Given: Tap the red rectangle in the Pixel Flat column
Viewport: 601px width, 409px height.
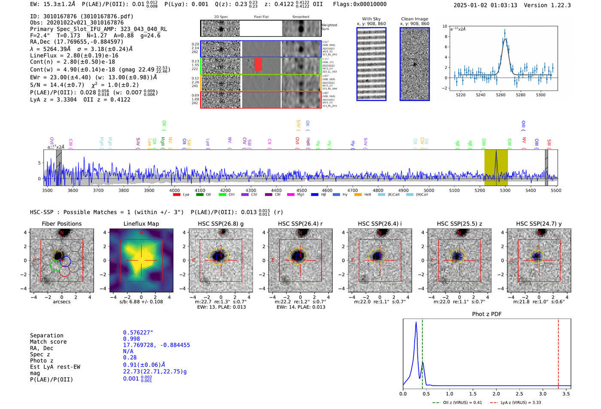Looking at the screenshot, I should tap(258, 64).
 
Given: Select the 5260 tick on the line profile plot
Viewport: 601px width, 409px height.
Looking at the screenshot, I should tap(501, 95).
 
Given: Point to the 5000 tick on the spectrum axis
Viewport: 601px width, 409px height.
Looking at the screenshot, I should tap(429, 190).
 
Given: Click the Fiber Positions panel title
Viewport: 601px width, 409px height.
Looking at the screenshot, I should tap(61, 224).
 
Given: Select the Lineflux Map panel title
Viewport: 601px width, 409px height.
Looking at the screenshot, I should tap(141, 224).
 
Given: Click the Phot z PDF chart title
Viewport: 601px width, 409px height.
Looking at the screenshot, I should tap(486, 314).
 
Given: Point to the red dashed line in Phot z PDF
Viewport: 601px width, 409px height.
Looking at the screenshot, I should tap(558, 352).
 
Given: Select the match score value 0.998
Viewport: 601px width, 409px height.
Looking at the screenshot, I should tap(131, 339).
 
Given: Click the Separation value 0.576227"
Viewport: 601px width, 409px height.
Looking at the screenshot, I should tap(138, 333).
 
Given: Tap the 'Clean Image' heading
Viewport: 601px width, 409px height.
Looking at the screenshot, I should tap(414, 19).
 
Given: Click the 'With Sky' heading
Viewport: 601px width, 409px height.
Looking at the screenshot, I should tap(371, 19).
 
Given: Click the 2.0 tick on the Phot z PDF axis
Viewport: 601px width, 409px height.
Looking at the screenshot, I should tap(496, 394).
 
